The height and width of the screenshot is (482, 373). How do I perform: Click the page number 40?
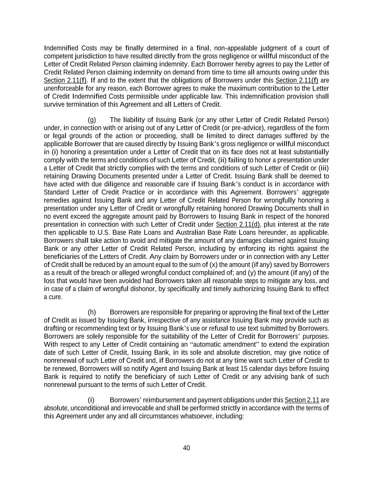[x=186, y=448]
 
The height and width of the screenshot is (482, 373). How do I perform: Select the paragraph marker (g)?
[x=92, y=120]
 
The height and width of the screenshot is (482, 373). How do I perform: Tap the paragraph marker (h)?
[x=92, y=312]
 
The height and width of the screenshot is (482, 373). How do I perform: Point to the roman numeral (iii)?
[x=324, y=168]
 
